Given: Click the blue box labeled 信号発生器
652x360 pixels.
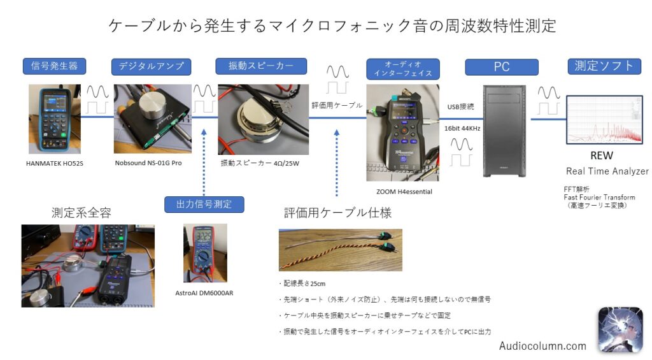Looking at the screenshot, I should (54, 66).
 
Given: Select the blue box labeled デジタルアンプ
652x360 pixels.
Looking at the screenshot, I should (151, 66).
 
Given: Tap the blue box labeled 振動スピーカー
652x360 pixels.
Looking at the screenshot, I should (259, 66).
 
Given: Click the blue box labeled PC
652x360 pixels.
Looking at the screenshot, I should (501, 66).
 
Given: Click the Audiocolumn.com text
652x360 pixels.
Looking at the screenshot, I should (542, 346).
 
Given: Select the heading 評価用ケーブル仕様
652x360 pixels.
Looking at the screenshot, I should (337, 212).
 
